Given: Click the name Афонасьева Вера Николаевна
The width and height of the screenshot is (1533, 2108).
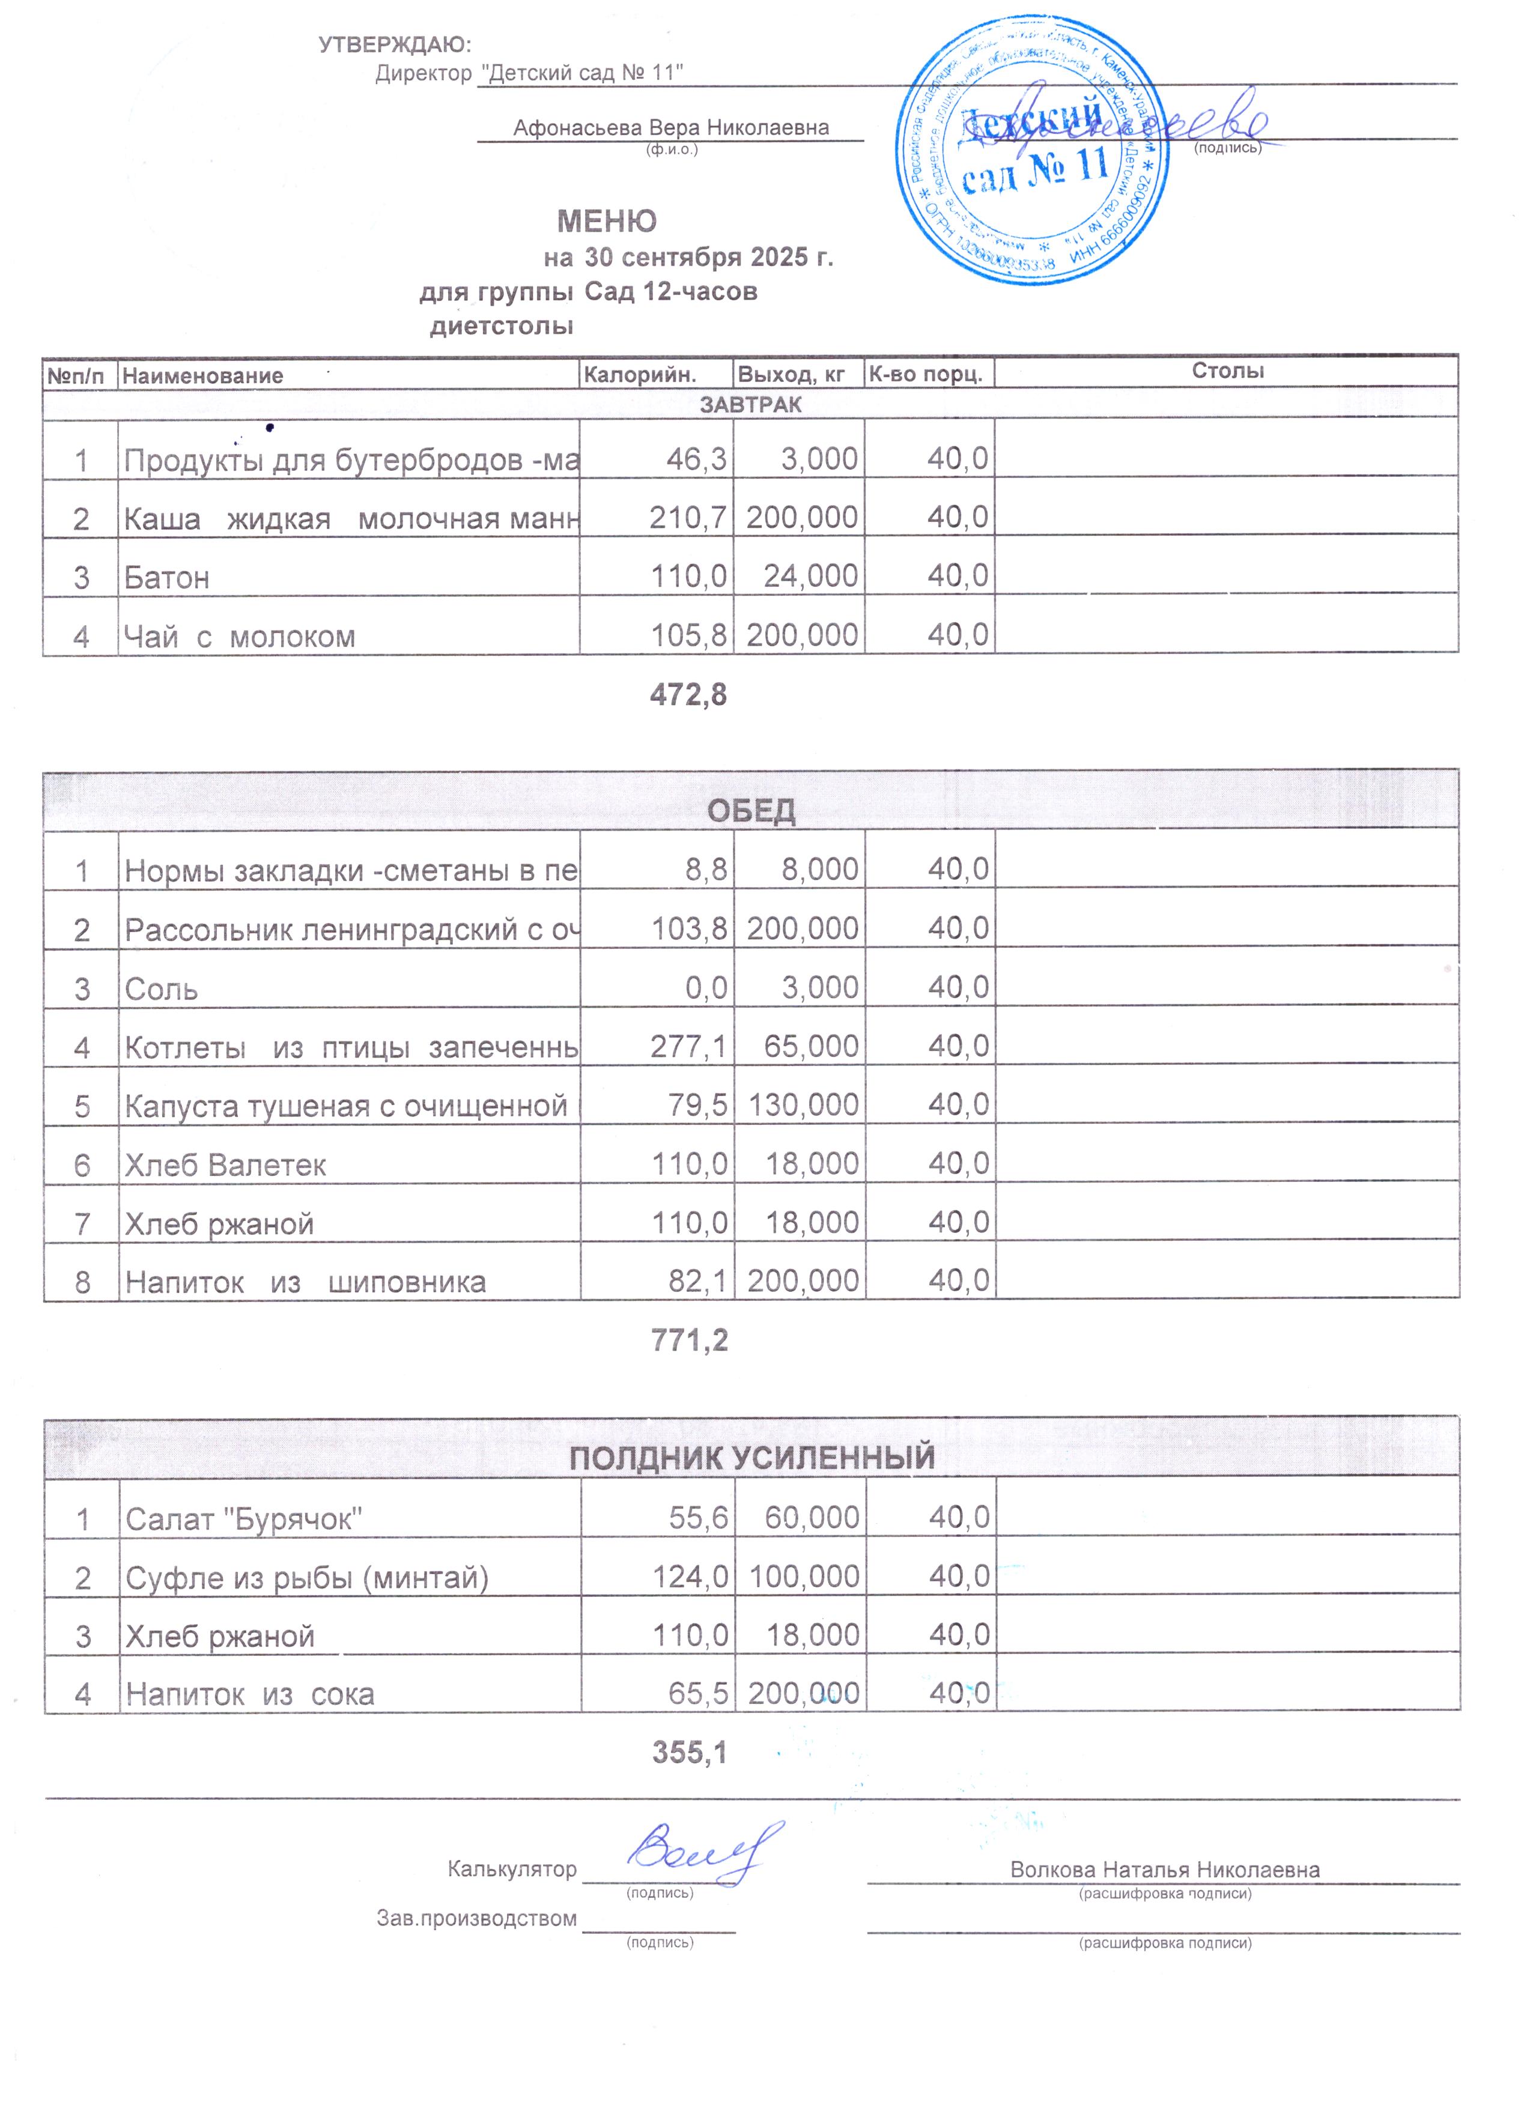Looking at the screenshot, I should coord(670,127).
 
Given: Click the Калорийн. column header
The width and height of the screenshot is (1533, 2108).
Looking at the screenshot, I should coord(639,375).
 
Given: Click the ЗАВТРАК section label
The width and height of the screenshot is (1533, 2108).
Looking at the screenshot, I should coord(750,404).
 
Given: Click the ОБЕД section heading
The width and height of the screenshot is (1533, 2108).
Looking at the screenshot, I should coord(751,811).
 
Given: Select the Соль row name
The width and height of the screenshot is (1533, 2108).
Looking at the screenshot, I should coord(162,988).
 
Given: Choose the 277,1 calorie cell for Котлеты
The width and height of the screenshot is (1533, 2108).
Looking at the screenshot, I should coord(689,1047).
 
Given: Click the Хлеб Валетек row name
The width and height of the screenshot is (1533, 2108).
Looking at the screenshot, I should coord(226,1165).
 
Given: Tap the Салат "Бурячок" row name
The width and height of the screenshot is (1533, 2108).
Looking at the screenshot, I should coord(243,1519).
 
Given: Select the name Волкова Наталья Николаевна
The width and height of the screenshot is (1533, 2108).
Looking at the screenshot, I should coord(1164,1869).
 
